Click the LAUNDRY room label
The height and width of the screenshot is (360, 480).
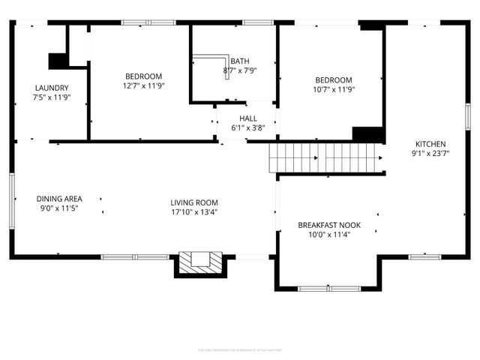tap(52, 88)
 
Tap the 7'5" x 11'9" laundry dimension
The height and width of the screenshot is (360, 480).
tap(52, 97)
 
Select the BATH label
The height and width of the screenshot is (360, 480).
tap(240, 61)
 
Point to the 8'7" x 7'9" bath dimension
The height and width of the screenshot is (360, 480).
tap(240, 71)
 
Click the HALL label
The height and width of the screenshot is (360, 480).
tap(248, 118)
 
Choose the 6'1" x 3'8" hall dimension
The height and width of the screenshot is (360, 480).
tap(248, 128)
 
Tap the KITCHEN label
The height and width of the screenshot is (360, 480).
tap(431, 144)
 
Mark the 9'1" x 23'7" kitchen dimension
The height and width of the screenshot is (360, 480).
tap(431, 154)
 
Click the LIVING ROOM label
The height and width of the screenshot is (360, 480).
tap(193, 202)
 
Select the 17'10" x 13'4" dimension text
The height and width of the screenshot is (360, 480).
tap(193, 211)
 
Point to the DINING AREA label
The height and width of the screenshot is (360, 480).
tap(59, 199)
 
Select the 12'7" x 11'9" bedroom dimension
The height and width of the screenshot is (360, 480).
tap(143, 86)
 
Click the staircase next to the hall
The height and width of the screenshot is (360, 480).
tap(327, 158)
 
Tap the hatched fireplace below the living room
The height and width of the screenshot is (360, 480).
tap(200, 262)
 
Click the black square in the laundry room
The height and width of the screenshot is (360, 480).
tap(57, 61)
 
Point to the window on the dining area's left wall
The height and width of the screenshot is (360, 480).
tap(11, 199)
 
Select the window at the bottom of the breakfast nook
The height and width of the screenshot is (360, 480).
tap(328, 288)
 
